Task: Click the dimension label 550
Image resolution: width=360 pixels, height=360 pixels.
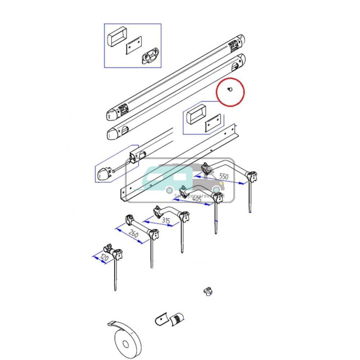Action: coord(224,176)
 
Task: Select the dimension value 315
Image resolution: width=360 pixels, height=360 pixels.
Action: coord(166,220)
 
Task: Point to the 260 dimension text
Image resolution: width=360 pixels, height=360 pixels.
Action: coord(134,234)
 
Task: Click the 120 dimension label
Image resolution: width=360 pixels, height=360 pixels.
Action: coord(104,258)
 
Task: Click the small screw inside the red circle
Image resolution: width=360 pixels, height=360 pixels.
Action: coord(230,90)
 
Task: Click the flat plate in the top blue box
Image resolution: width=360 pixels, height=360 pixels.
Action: coord(134,45)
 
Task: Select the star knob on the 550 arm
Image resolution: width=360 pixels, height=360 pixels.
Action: coord(252,176)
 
